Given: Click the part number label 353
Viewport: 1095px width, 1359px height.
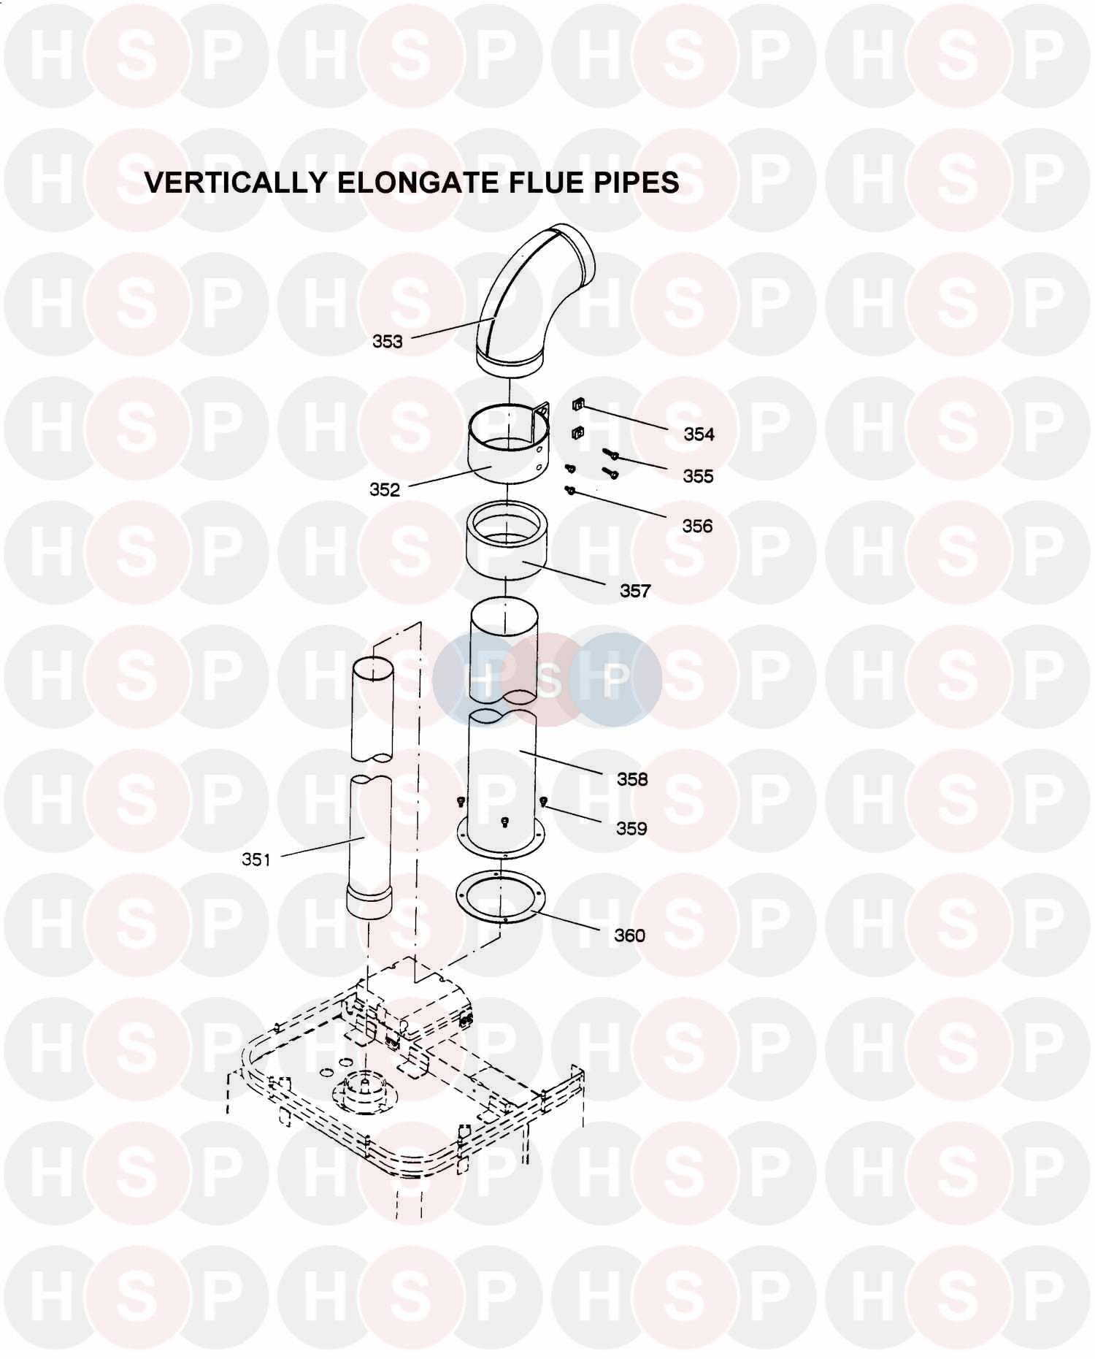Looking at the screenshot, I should [x=387, y=341].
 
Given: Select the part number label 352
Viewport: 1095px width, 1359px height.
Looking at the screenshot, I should [x=385, y=489].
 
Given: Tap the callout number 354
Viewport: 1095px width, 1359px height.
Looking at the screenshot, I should [x=699, y=434].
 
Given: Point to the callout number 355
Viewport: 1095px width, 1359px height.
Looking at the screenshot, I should [x=698, y=476].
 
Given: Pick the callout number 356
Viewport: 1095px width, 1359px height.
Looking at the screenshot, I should [x=697, y=526].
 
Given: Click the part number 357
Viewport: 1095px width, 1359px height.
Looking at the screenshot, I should [x=635, y=591].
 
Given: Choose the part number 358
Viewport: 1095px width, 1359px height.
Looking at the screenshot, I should [x=632, y=779].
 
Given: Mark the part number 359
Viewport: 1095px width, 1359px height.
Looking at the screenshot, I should [x=631, y=828].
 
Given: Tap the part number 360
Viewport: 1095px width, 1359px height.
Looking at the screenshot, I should [x=629, y=935].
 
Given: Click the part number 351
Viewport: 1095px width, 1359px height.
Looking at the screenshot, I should [x=256, y=860].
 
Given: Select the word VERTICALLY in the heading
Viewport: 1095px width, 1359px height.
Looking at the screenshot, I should [x=236, y=183].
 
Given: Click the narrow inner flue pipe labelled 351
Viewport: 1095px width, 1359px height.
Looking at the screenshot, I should [x=371, y=825].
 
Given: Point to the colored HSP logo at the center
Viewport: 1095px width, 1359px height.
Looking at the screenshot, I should [x=547, y=680].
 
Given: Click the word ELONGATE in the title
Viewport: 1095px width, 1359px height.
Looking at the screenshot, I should [x=405, y=183].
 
